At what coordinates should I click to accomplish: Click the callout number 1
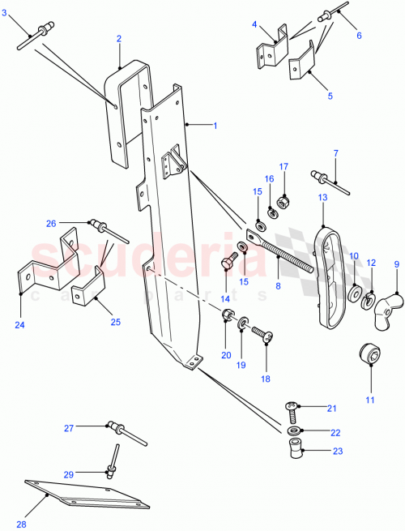(x=215, y=126)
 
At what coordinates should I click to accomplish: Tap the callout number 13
(x=322, y=197)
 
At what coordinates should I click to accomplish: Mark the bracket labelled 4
(x=271, y=53)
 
